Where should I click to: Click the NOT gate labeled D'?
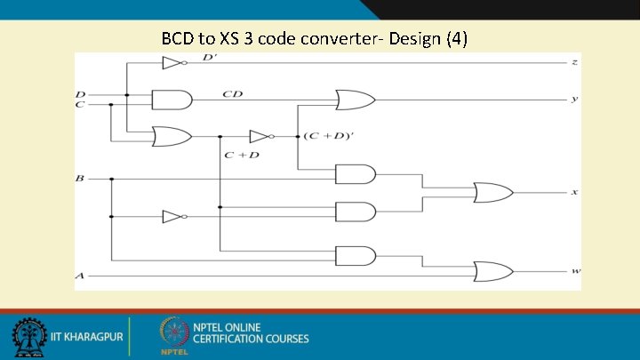pyautogui.click(x=172, y=63)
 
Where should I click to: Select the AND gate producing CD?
pyautogui.click(x=172, y=99)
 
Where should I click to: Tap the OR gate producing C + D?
pyautogui.click(x=172, y=136)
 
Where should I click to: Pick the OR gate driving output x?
pyautogui.click(x=492, y=192)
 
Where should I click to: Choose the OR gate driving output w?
pyautogui.click(x=492, y=270)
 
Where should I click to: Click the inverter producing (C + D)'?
pyautogui.click(x=260, y=136)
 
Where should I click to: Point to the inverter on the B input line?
pyautogui.click(x=172, y=217)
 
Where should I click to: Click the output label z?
pyautogui.click(x=575, y=63)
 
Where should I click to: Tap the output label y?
pyautogui.click(x=575, y=100)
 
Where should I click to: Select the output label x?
pyautogui.click(x=575, y=193)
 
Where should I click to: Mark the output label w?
pyautogui.click(x=575, y=270)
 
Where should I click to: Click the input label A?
pyautogui.click(x=80, y=276)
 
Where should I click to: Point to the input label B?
pyautogui.click(x=80, y=179)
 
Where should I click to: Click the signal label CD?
pyautogui.click(x=234, y=92)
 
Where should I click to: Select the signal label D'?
pyautogui.click(x=209, y=58)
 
